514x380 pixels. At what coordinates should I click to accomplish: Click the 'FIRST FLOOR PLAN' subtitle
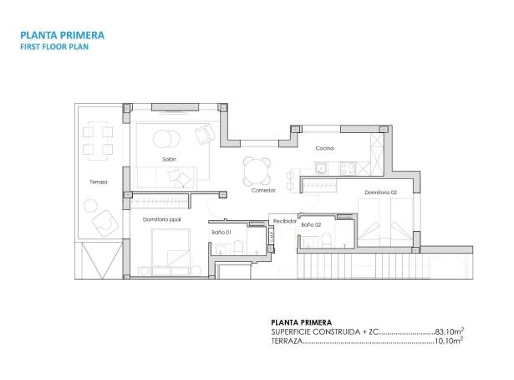pyautogui.click(x=55, y=48)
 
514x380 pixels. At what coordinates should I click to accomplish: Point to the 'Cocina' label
pyautogui.click(x=324, y=148)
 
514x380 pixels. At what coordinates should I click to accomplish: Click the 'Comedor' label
pyautogui.click(x=263, y=191)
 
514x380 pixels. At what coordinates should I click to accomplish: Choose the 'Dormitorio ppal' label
pyautogui.click(x=162, y=219)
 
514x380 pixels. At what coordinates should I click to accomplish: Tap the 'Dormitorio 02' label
pyautogui.click(x=380, y=193)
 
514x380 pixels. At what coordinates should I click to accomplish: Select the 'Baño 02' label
pyautogui.click(x=312, y=224)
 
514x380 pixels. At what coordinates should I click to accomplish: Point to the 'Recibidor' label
pyautogui.click(x=285, y=222)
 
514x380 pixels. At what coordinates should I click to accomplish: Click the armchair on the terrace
pyautogui.click(x=105, y=221)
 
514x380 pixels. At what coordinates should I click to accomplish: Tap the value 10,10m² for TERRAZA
pyautogui.click(x=450, y=341)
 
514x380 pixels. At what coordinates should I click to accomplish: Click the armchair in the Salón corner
pyautogui.click(x=205, y=134)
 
